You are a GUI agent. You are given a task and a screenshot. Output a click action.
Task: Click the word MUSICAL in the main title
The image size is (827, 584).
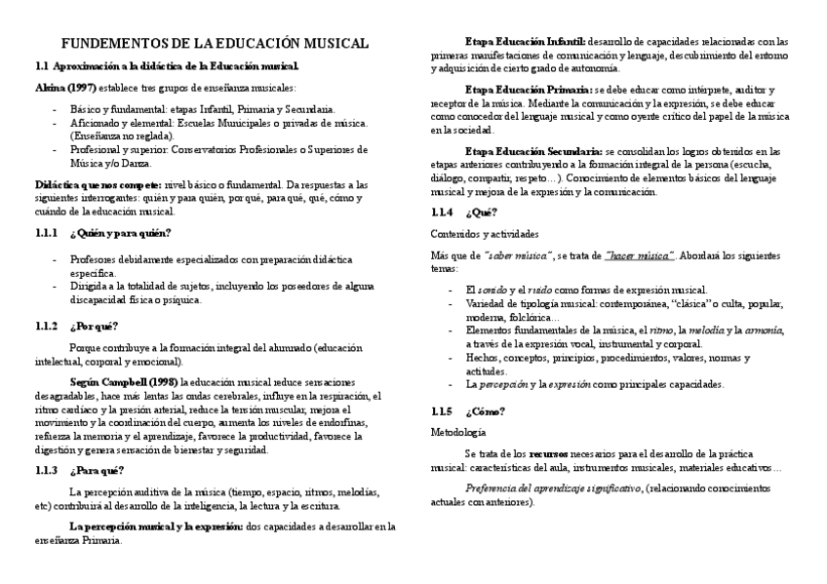click(332, 44)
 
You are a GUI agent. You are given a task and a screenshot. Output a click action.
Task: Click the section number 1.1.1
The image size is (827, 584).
click(47, 233)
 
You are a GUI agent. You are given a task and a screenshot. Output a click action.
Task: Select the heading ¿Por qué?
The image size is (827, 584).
click(94, 326)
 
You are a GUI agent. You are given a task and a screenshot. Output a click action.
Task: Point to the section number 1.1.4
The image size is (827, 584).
click(442, 213)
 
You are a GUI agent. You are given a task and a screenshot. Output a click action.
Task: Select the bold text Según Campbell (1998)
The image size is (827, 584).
click(124, 383)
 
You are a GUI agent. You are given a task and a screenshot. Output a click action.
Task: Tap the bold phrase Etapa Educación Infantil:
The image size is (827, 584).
click(526, 42)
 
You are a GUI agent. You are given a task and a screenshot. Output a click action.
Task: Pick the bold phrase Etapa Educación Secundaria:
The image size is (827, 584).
click(533, 151)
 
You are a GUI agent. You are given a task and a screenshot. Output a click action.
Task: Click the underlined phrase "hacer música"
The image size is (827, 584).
click(639, 255)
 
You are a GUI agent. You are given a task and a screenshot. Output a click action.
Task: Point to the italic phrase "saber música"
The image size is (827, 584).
click(519, 255)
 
